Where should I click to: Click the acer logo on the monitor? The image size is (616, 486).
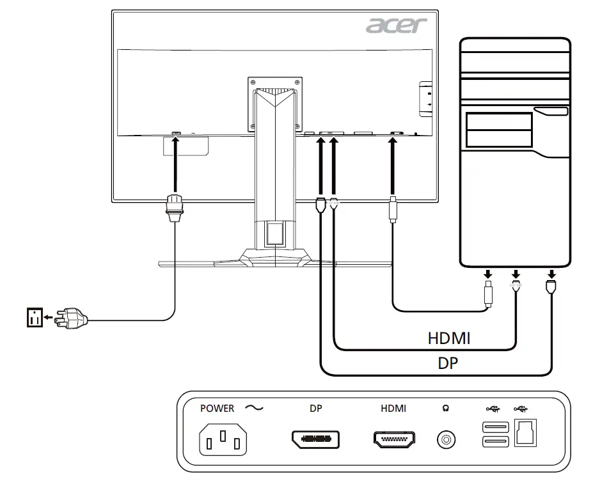pyautogui.click(x=397, y=25)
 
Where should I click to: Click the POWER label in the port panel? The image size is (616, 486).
pyautogui.click(x=217, y=409)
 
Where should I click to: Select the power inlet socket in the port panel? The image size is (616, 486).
pyautogui.click(x=223, y=440)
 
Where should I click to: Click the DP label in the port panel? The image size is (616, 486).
pyautogui.click(x=315, y=409)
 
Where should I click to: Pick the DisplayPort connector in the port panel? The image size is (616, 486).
pyautogui.click(x=315, y=439)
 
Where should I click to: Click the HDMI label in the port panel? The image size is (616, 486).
pyautogui.click(x=393, y=409)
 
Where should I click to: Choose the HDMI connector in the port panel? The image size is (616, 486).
pyautogui.click(x=393, y=439)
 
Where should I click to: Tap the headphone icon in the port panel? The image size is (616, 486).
pyautogui.click(x=446, y=409)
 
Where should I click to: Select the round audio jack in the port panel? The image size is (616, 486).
pyautogui.click(x=446, y=440)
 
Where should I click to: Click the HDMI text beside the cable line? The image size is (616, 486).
pyautogui.click(x=449, y=338)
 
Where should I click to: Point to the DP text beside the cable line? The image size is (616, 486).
pyautogui.click(x=448, y=363)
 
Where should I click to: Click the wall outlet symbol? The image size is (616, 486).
pyautogui.click(x=35, y=317)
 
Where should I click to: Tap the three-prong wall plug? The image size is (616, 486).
pyautogui.click(x=70, y=316)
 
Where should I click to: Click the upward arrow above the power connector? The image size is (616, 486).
pyautogui.click(x=175, y=163)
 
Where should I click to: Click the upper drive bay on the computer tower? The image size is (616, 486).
pyautogui.click(x=499, y=121)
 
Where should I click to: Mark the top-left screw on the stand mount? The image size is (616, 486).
pyautogui.click(x=254, y=81)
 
